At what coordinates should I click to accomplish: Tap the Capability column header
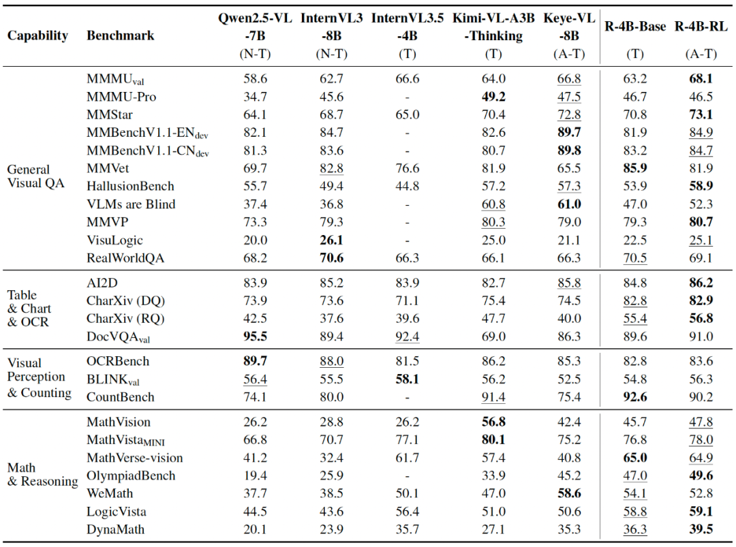37,35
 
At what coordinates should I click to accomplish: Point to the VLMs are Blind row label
131,204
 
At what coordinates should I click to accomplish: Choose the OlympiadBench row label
131,475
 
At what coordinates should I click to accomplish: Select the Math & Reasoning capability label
43,475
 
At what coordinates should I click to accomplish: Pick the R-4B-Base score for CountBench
634,397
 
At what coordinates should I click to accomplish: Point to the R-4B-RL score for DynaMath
701,529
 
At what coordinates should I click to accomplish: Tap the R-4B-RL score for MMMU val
701,79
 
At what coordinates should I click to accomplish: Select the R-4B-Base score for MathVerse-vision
634,458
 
